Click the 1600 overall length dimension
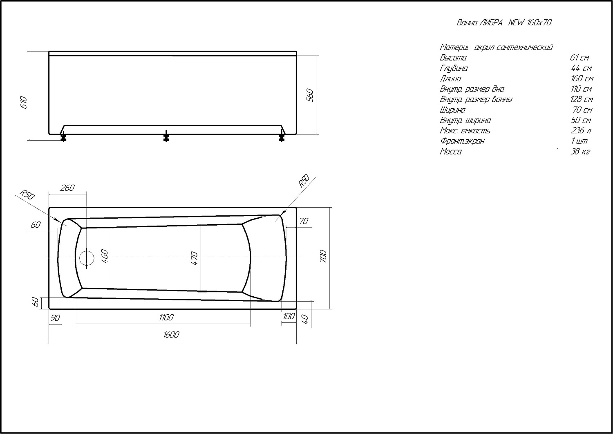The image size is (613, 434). [171, 335]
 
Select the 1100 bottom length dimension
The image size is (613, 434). [166, 318]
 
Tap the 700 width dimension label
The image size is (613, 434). [323, 256]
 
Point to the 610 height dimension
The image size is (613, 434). [24, 102]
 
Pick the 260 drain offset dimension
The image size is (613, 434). [67, 188]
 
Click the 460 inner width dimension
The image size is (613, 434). [105, 256]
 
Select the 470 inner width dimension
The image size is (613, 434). [194, 258]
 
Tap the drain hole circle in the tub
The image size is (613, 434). [87, 258]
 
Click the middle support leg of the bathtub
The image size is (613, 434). [166, 136]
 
